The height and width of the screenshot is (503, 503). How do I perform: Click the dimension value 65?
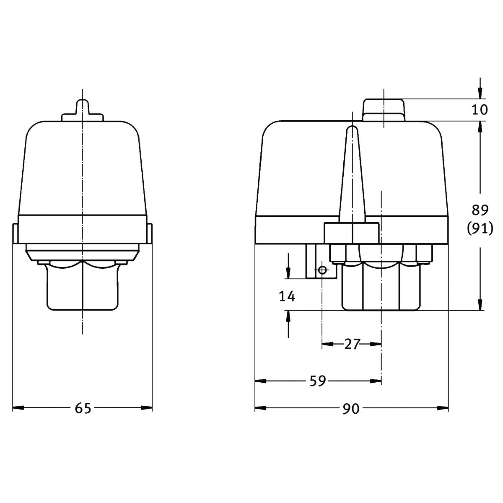point(83,408)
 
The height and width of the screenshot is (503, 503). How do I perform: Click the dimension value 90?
point(351,408)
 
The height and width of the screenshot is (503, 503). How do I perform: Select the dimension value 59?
point(318,381)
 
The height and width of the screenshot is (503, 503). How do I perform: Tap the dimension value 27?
point(352,344)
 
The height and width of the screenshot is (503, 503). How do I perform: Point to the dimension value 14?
point(287,296)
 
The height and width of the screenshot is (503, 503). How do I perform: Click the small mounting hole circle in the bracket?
point(322,270)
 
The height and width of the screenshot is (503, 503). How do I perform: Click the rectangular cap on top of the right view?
point(384,110)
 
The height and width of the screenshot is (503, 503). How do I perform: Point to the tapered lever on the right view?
point(352,176)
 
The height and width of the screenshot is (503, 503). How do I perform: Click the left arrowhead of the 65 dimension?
point(18,408)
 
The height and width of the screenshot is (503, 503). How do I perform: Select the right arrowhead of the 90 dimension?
point(443,408)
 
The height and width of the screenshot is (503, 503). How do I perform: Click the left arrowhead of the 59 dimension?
point(260,381)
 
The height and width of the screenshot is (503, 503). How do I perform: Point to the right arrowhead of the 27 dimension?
point(376,344)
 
